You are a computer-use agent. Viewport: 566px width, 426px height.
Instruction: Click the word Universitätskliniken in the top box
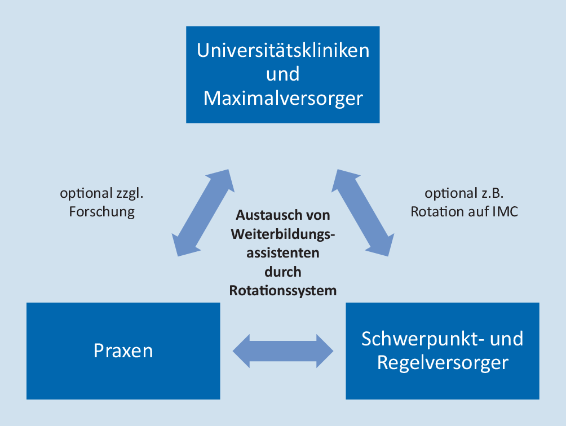(283, 50)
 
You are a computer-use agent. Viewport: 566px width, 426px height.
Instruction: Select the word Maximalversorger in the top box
(283, 99)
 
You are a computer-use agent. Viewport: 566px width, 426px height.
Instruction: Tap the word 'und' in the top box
(282, 74)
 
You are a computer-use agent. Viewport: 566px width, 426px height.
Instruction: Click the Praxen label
(123, 351)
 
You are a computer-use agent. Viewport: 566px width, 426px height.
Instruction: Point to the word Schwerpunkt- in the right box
(417, 339)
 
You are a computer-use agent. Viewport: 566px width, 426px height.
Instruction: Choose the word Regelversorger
(443, 362)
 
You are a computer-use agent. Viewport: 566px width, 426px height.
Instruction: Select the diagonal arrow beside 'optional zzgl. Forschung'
(203, 212)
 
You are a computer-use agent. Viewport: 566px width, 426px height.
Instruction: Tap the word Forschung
(101, 212)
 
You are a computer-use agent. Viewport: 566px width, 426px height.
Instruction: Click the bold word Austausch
(264, 215)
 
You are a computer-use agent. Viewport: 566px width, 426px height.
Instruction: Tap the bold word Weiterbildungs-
(283, 234)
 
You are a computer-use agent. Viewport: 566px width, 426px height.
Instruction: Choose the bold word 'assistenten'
(283, 253)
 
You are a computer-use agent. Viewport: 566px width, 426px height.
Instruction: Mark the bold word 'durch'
(283, 272)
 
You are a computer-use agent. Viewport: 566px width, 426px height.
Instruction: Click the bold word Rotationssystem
(283, 291)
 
